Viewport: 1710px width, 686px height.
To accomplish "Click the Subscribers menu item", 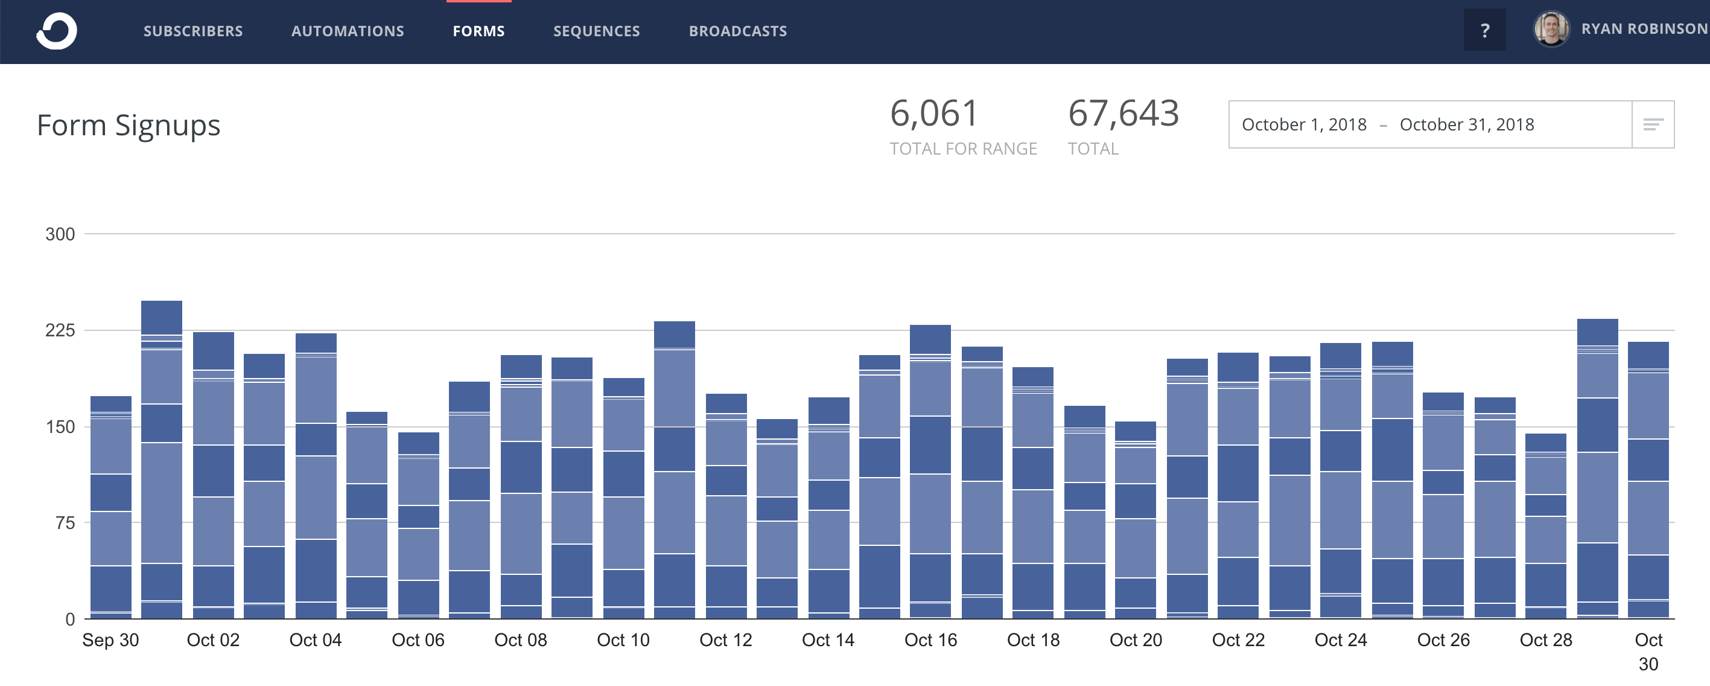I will coord(193,31).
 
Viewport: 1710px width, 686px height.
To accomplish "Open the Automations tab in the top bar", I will coord(347,31).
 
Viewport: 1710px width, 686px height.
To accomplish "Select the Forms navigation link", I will coord(478,31).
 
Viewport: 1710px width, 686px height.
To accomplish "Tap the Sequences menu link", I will coord(596,31).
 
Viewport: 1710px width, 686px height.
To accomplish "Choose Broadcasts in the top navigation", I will coord(737,31).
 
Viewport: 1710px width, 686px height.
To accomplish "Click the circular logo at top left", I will coord(57,31).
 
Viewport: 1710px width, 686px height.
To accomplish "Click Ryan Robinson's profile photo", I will coord(1551,30).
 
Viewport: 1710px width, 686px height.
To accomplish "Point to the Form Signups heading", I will coord(128,126).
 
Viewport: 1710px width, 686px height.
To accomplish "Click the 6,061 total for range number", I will coord(933,114).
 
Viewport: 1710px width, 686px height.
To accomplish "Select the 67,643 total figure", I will coord(1123,114).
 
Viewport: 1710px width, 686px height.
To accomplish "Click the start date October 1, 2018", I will coord(1304,125).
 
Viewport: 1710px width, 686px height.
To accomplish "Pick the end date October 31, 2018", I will coord(1466,125).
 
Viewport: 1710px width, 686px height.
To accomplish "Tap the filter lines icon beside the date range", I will coord(1653,125).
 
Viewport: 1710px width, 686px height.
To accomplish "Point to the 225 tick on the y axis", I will coord(60,331).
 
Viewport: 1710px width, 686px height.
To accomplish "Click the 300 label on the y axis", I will coord(60,234).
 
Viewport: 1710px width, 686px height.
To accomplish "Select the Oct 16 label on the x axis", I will coord(930,640).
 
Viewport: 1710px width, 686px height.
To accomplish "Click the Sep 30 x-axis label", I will coord(110,640).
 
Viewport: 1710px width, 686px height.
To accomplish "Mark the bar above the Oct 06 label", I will coord(418,525).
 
